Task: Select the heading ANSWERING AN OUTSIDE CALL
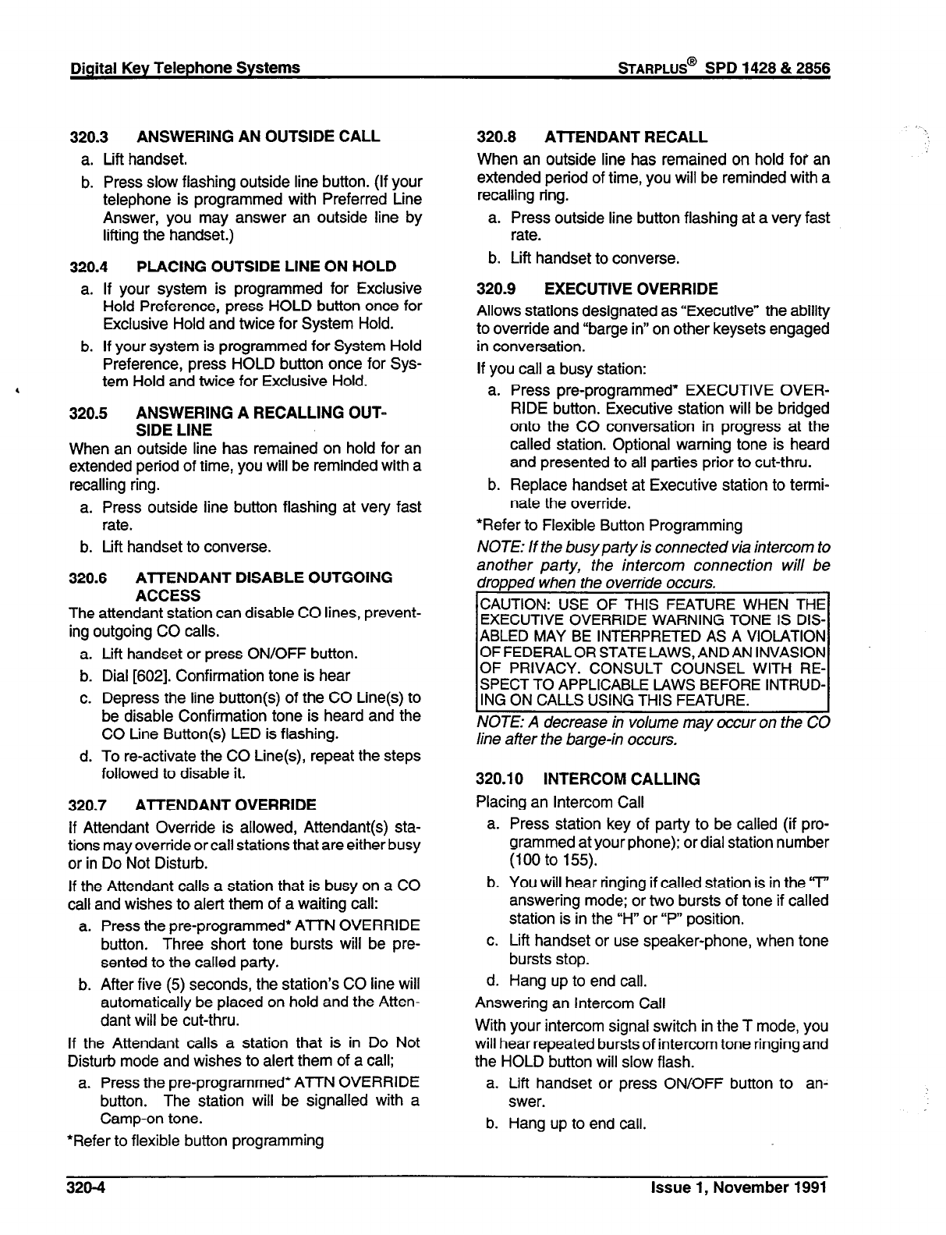point(258,137)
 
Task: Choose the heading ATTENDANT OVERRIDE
point(226,804)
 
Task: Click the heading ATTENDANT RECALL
point(625,137)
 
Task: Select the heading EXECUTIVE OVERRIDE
point(631,289)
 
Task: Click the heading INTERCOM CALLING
point(622,779)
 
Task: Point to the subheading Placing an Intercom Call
point(560,801)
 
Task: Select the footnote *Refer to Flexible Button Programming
point(609,525)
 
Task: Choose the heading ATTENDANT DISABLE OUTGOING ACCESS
point(264,586)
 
